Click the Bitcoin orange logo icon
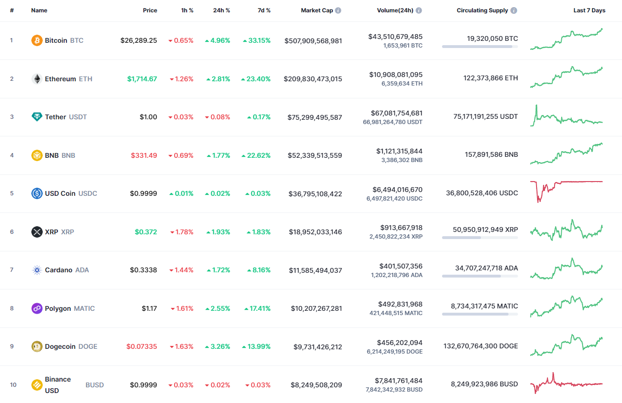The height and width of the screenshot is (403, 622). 37,40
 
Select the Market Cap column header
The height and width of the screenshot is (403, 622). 317,10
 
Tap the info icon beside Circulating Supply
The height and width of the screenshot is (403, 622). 514,10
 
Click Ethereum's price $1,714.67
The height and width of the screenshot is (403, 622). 142,79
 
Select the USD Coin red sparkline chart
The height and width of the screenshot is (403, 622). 566,190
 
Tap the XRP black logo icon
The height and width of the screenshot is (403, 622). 37,232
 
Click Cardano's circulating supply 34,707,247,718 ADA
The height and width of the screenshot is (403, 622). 486,268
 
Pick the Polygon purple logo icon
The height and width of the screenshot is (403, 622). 37,308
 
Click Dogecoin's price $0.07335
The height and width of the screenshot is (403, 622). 141,346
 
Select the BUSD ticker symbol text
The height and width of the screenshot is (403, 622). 94,385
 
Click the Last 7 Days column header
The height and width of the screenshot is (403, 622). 589,10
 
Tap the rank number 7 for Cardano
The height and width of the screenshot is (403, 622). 12,270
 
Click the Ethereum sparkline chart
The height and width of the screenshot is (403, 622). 566,77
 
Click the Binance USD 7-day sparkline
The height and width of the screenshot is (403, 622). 566,383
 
